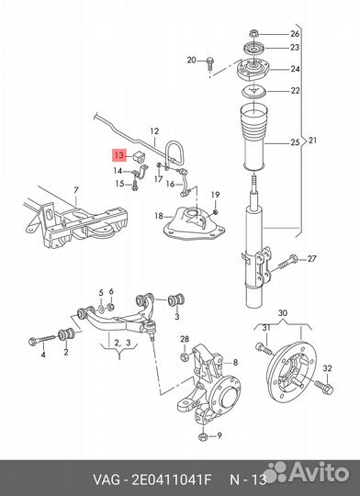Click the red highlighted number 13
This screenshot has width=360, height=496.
(x=119, y=155)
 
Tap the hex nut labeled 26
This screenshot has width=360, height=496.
(x=253, y=33)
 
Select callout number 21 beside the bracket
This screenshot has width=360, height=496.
(x=312, y=141)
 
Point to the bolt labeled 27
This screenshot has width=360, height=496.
(x=287, y=263)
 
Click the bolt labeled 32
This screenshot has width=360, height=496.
(x=324, y=386)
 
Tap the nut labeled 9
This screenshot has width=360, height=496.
(x=203, y=437)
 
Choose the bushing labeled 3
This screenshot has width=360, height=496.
(x=176, y=300)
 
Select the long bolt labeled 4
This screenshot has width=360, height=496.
(x=41, y=341)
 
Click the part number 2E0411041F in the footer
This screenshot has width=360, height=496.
(x=171, y=479)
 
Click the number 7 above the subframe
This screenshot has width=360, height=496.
(x=76, y=191)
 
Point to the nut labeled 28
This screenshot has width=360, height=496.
(x=185, y=356)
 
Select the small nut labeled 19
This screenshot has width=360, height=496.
(x=216, y=211)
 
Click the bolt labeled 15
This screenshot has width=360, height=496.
(x=135, y=185)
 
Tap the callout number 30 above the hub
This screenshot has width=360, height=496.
(x=283, y=313)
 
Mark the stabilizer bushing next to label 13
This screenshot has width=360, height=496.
(x=139, y=155)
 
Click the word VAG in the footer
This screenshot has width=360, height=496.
(x=107, y=479)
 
